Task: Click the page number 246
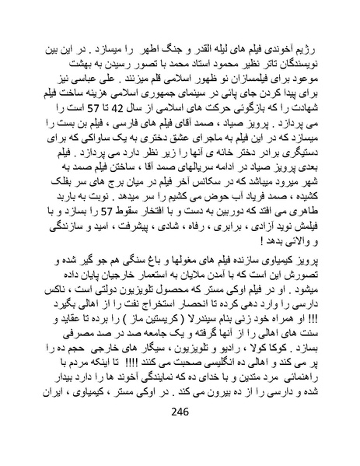tap(180, 433)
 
